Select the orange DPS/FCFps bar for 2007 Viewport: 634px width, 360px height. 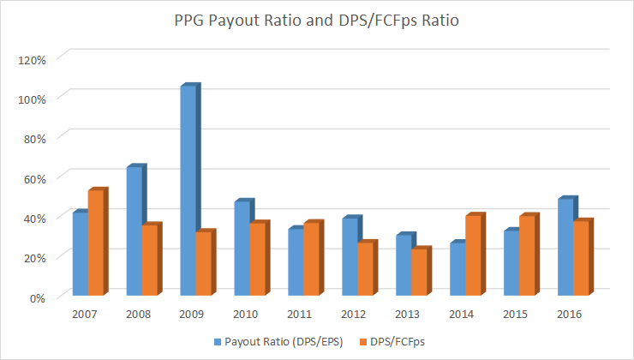point(96,243)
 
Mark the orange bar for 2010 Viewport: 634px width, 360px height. point(254,260)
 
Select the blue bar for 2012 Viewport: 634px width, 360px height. point(349,258)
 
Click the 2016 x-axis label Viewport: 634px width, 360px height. point(567,315)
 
